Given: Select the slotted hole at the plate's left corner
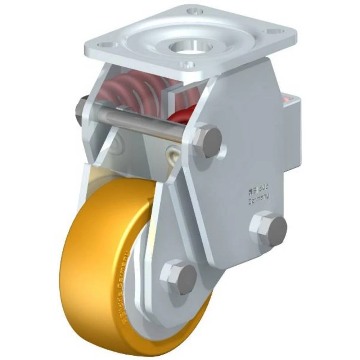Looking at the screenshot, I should coord(105,45).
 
